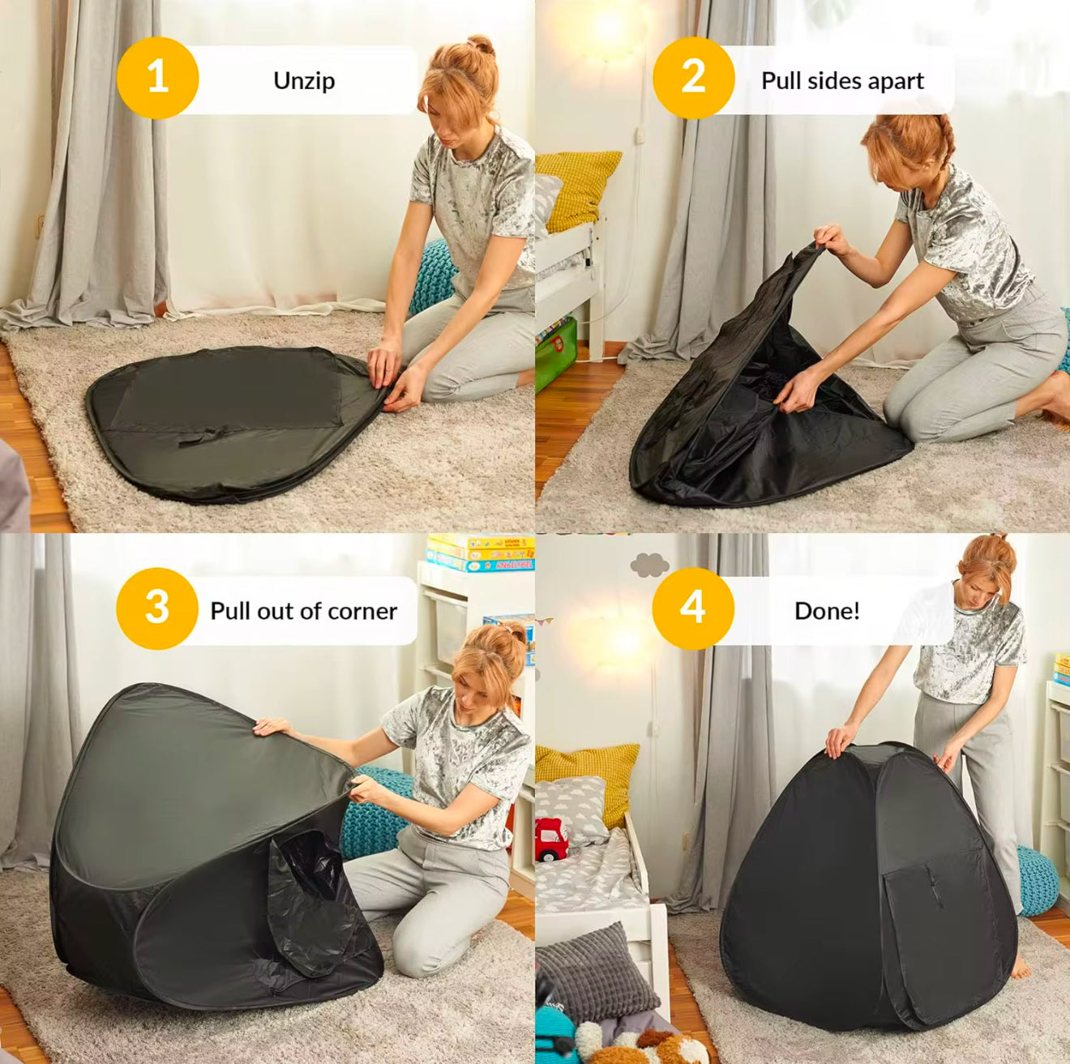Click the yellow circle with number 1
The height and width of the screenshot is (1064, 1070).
(157, 78)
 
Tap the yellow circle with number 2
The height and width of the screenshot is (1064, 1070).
(693, 78)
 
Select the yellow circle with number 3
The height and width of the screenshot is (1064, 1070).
(156, 608)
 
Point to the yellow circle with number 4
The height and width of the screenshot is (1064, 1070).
(692, 608)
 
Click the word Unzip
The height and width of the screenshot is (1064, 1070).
(304, 81)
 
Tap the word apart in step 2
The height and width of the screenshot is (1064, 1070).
(895, 81)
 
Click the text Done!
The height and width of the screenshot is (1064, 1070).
(827, 611)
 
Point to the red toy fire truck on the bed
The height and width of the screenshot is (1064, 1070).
(551, 840)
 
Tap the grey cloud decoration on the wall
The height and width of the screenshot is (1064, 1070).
(649, 564)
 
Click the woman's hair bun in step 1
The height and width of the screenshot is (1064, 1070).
(481, 45)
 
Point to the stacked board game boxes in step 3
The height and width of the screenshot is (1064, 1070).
(480, 553)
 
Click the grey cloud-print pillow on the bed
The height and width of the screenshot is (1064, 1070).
(571, 807)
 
